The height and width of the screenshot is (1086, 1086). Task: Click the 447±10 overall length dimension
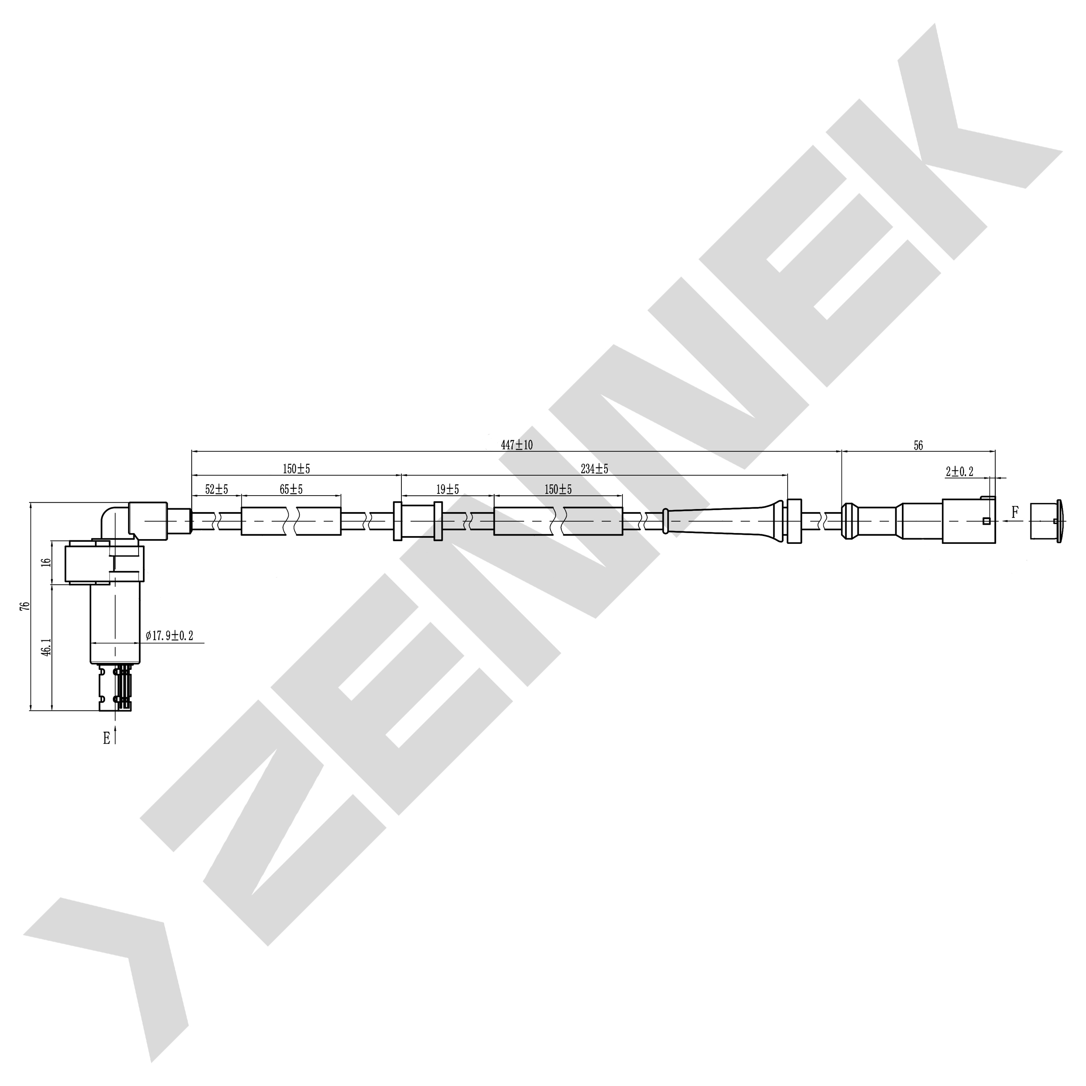[517, 445]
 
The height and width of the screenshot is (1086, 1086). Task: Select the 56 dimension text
[918, 446]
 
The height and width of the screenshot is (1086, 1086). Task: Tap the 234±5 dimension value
[594, 468]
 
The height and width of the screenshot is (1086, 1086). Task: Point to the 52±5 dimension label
[216, 490]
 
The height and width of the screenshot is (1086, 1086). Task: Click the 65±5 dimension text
[291, 490]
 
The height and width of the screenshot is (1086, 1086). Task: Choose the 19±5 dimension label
[447, 490]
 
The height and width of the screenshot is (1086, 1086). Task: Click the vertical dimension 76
[23, 606]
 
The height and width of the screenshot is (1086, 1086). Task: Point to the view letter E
[106, 738]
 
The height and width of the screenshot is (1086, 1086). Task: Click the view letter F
[1015, 512]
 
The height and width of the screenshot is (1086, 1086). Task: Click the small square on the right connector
[986, 520]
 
